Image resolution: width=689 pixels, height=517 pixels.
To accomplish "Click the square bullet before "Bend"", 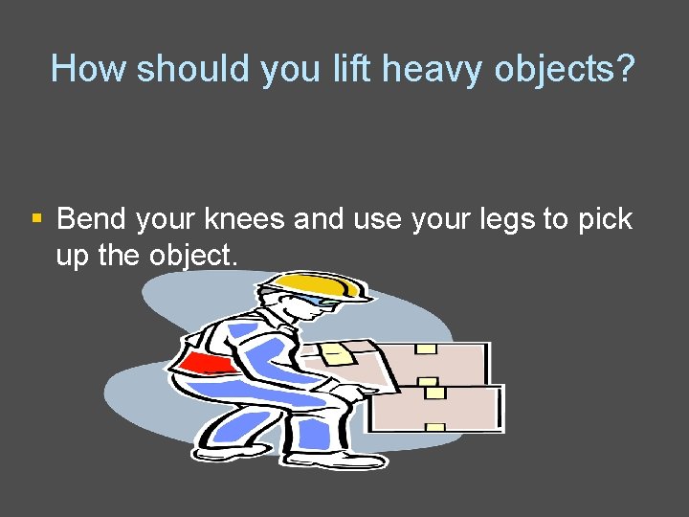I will (x=36, y=219).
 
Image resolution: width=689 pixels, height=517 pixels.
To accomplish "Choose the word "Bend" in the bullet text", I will (x=92, y=219).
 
